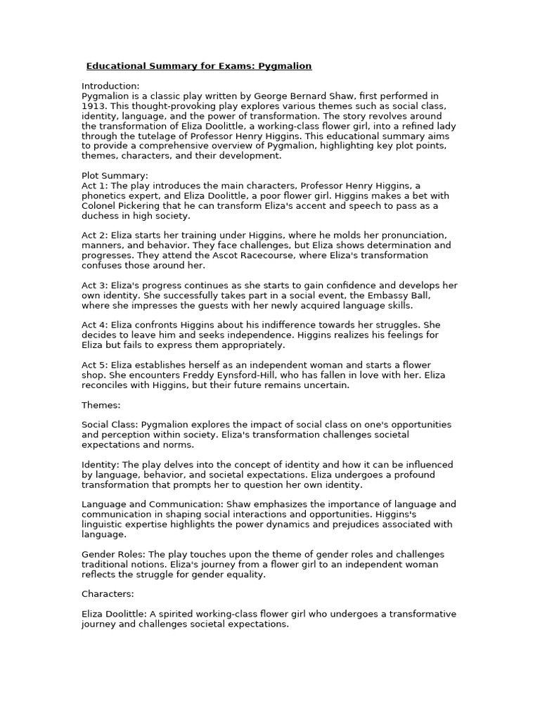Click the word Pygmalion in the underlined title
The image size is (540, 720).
coord(285,66)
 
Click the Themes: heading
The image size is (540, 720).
coord(101,405)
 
